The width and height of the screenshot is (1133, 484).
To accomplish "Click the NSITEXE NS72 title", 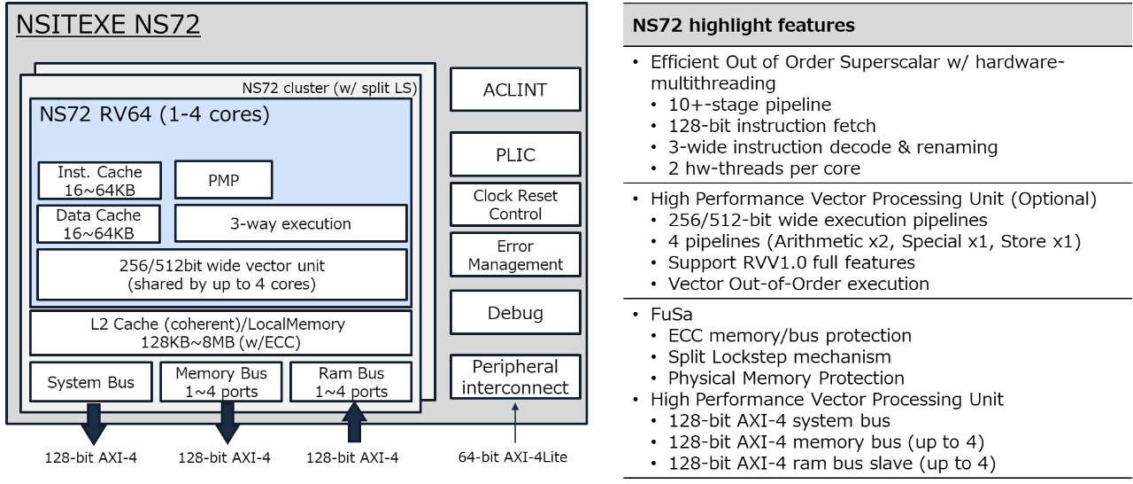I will pos(108,24).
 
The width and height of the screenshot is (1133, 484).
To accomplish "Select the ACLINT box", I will pos(515,90).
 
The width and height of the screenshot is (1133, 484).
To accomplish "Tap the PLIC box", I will pos(515,154).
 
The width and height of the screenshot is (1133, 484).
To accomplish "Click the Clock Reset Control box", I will pos(515,204).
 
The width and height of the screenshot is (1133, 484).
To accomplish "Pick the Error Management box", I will pos(515,255).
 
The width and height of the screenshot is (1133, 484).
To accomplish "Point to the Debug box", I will pos(515,313).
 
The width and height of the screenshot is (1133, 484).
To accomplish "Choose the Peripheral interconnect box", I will pos(515,377).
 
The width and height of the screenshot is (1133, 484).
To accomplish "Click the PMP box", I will pos(223,180).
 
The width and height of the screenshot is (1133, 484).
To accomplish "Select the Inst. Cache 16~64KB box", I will pos(99,180).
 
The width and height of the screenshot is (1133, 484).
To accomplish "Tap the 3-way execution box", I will pos(290,223).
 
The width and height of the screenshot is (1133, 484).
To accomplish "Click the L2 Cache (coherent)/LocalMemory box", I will pos(221,332).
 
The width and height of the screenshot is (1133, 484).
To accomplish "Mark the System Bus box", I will pos(91,383).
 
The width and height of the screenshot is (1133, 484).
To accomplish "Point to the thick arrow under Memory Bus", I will pos(227,422).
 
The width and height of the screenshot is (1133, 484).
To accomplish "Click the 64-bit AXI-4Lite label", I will pos(515,458).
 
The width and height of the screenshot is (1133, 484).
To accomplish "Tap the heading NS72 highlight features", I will pos(744,26).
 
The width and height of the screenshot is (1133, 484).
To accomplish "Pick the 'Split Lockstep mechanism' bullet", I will pos(779,356).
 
